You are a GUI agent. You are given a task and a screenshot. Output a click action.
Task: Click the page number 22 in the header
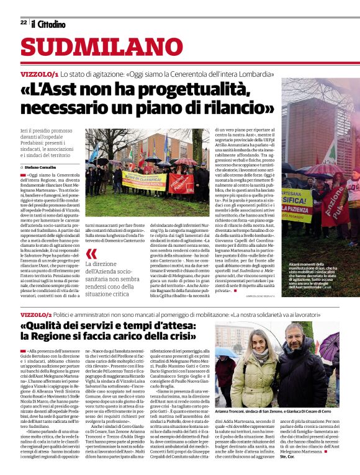pyautogui.click(x=24, y=23)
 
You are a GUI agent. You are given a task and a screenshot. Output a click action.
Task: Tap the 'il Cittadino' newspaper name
pyautogui.click(x=48, y=24)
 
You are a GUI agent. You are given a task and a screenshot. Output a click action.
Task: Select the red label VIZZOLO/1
pyautogui.click(x=39, y=74)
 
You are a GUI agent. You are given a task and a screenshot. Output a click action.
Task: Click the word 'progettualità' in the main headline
pyautogui.click(x=198, y=89)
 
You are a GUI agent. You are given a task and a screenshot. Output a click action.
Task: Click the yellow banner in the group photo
pyautogui.click(x=143, y=181)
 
